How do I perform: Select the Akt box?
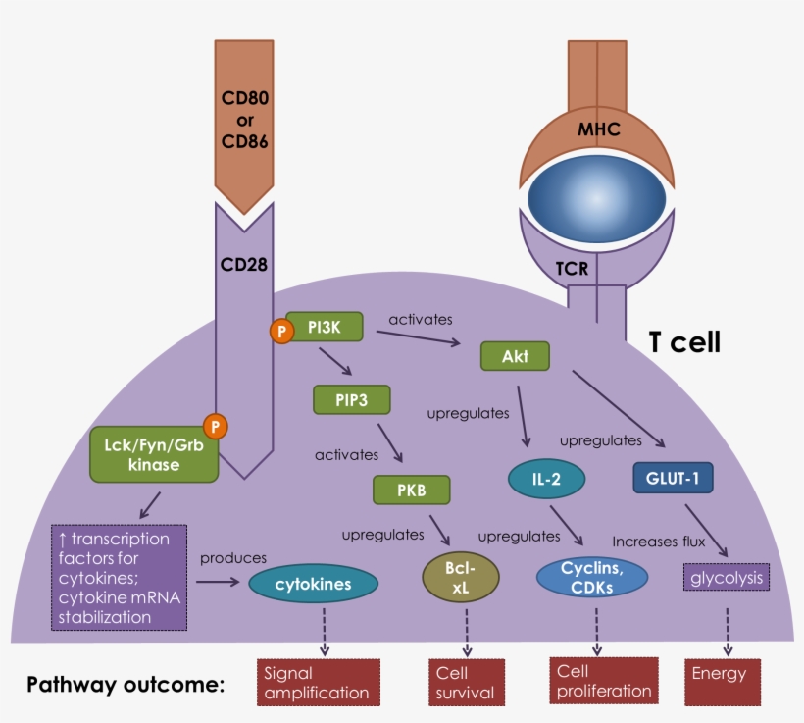pos(515,355)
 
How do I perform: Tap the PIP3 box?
pos(351,400)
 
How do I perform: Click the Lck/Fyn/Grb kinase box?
pos(153,453)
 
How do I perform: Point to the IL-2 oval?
pos(546,478)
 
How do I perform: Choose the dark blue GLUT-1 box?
pos(673,478)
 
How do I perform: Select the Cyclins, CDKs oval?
pos(592,575)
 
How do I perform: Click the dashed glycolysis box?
pos(726,578)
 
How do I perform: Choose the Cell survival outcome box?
pos(466,682)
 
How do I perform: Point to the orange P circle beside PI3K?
pos(282,332)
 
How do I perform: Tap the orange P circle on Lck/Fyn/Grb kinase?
pos(215,426)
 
